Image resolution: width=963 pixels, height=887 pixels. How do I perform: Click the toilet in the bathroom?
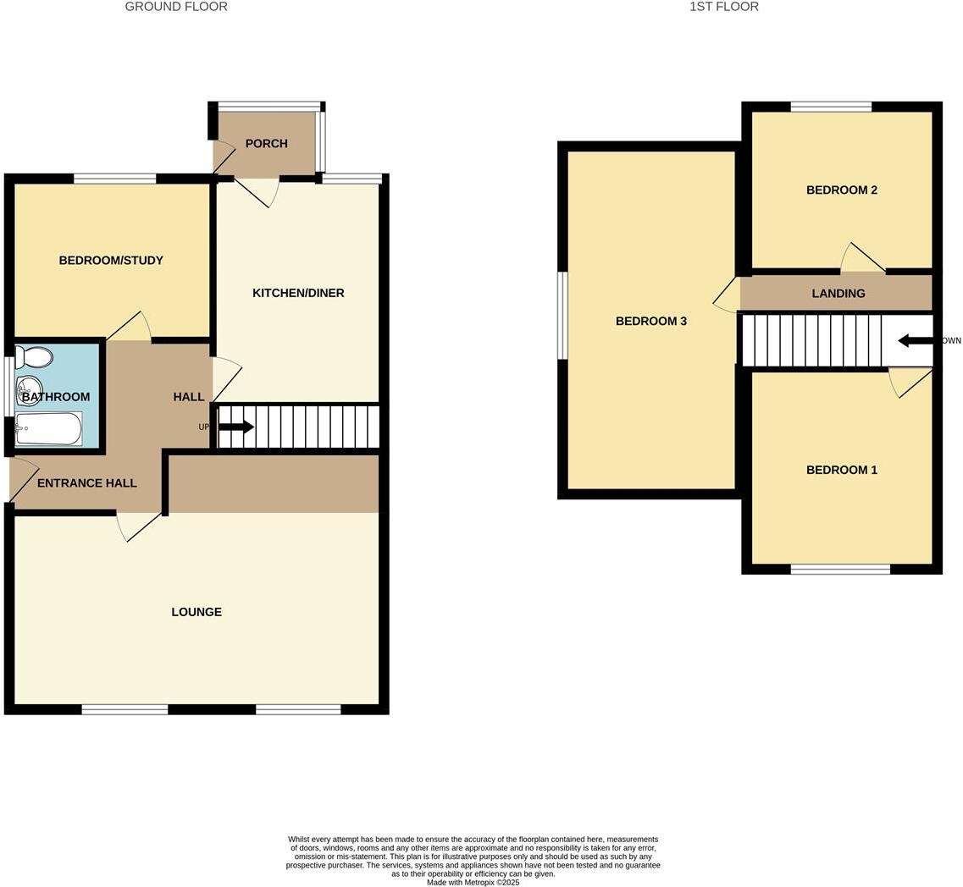pyautogui.click(x=34, y=357)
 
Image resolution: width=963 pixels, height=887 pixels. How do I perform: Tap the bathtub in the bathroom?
pyautogui.click(x=49, y=428)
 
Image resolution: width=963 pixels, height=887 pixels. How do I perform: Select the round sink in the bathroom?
pyautogui.click(x=29, y=389)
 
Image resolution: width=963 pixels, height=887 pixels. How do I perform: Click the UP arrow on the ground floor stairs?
pyautogui.click(x=236, y=427)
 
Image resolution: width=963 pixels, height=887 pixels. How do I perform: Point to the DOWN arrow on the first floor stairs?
pyautogui.click(x=915, y=341)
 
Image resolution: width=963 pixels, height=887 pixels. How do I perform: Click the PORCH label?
pyautogui.click(x=266, y=144)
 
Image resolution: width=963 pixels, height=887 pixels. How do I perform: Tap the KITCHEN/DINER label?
pyautogui.click(x=298, y=294)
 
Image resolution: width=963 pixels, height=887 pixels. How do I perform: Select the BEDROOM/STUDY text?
pyautogui.click(x=111, y=261)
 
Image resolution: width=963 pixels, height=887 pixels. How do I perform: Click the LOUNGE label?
pyautogui.click(x=196, y=612)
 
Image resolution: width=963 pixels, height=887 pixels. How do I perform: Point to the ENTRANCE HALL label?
pyautogui.click(x=87, y=483)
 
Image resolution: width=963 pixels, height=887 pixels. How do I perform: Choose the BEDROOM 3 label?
pyautogui.click(x=651, y=322)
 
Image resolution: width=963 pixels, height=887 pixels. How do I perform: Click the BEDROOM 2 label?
pyautogui.click(x=841, y=190)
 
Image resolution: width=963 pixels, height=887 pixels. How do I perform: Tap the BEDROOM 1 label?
pyautogui.click(x=841, y=471)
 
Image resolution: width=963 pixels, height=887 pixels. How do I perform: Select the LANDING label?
pyautogui.click(x=838, y=294)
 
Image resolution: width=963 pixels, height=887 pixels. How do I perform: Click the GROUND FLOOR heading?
pyautogui.click(x=176, y=7)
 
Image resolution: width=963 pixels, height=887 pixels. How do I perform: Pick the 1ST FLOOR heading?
pyautogui.click(x=723, y=7)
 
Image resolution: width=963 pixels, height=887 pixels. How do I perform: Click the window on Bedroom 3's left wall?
pyautogui.click(x=562, y=315)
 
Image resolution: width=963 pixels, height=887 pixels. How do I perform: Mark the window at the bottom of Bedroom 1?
pyautogui.click(x=840, y=570)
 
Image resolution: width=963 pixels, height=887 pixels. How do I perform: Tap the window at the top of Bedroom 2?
pyautogui.click(x=831, y=107)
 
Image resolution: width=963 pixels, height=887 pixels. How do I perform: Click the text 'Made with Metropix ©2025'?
pyautogui.click(x=473, y=883)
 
